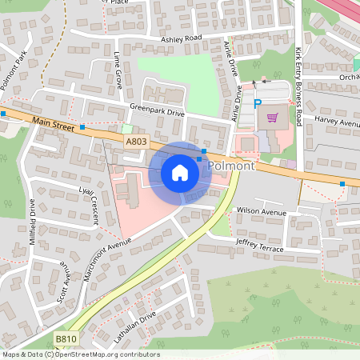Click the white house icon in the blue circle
[x=180, y=173]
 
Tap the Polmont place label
[x=231, y=166]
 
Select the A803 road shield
[x=136, y=141]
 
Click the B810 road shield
[x=66, y=340]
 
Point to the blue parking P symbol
[x=258, y=103]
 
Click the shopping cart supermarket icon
[x=273, y=117]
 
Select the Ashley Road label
[x=181, y=38]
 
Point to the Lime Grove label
[x=118, y=70]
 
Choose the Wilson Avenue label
[x=261, y=212]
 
